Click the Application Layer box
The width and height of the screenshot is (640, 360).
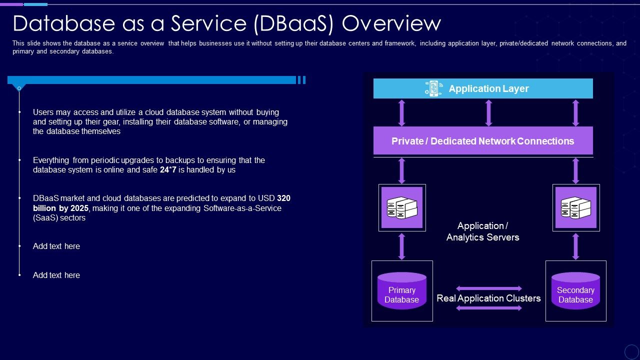(x=483, y=88)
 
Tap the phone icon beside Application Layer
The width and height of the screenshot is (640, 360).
(x=433, y=88)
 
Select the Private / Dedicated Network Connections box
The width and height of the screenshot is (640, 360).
(x=483, y=141)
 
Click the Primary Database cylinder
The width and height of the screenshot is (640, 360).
(x=402, y=291)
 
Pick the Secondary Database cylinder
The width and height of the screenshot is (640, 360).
(x=575, y=291)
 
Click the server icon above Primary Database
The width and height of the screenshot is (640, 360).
(x=402, y=207)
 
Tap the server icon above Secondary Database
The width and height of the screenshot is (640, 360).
(x=576, y=207)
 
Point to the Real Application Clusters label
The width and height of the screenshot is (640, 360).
(x=488, y=298)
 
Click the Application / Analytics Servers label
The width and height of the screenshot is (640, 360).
(x=483, y=231)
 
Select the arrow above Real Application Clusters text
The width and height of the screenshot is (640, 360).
(x=489, y=288)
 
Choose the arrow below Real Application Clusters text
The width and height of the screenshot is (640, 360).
(x=489, y=308)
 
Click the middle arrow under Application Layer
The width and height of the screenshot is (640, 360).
(x=489, y=112)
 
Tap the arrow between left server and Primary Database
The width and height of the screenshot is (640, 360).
(x=401, y=246)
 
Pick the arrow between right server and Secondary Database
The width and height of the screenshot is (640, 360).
(x=575, y=246)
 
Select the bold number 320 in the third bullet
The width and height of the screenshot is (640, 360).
(x=283, y=198)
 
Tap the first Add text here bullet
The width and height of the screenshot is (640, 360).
(x=56, y=246)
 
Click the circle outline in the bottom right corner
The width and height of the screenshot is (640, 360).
(x=631, y=351)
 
